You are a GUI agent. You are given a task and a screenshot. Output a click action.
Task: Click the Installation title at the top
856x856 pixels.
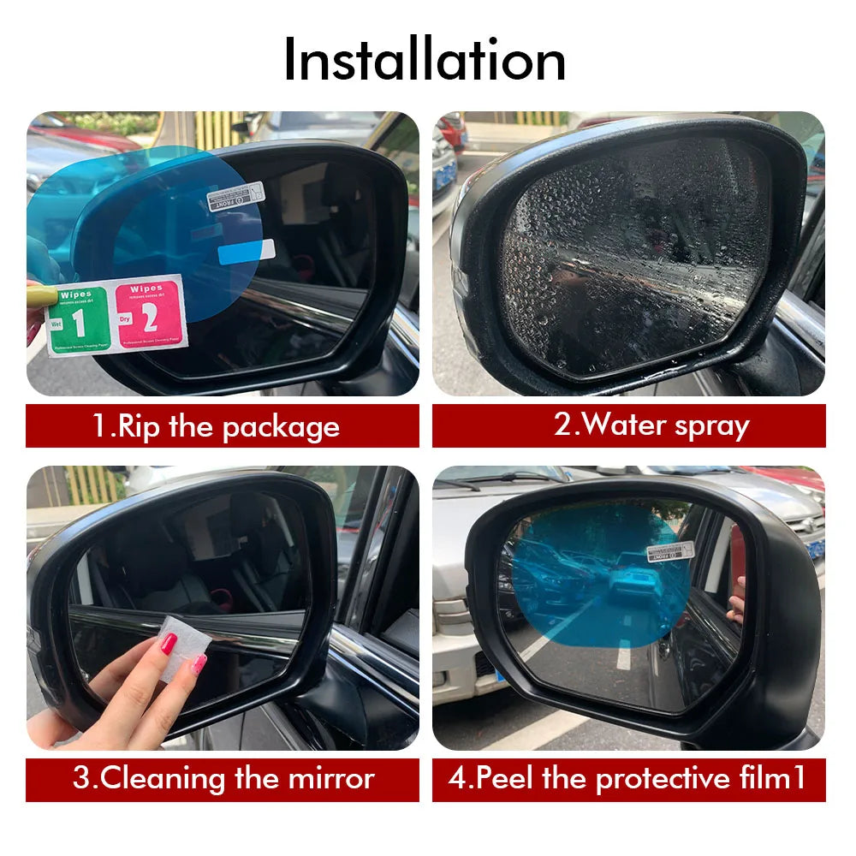tap(425, 60)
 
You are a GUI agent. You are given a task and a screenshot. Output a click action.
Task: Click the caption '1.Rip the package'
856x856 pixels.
tap(216, 426)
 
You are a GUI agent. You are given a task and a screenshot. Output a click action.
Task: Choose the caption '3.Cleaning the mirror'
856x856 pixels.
tap(223, 779)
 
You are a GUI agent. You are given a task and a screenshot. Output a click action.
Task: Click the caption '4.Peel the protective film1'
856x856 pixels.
tap(628, 779)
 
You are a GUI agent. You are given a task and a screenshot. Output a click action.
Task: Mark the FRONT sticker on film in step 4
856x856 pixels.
tap(670, 550)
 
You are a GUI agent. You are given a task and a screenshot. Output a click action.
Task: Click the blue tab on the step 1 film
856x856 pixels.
tap(247, 252)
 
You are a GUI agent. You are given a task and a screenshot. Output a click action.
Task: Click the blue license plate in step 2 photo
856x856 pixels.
tap(445, 176)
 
